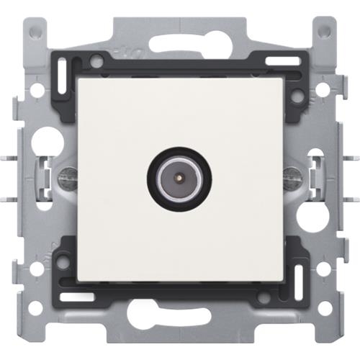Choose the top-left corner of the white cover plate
78,78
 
